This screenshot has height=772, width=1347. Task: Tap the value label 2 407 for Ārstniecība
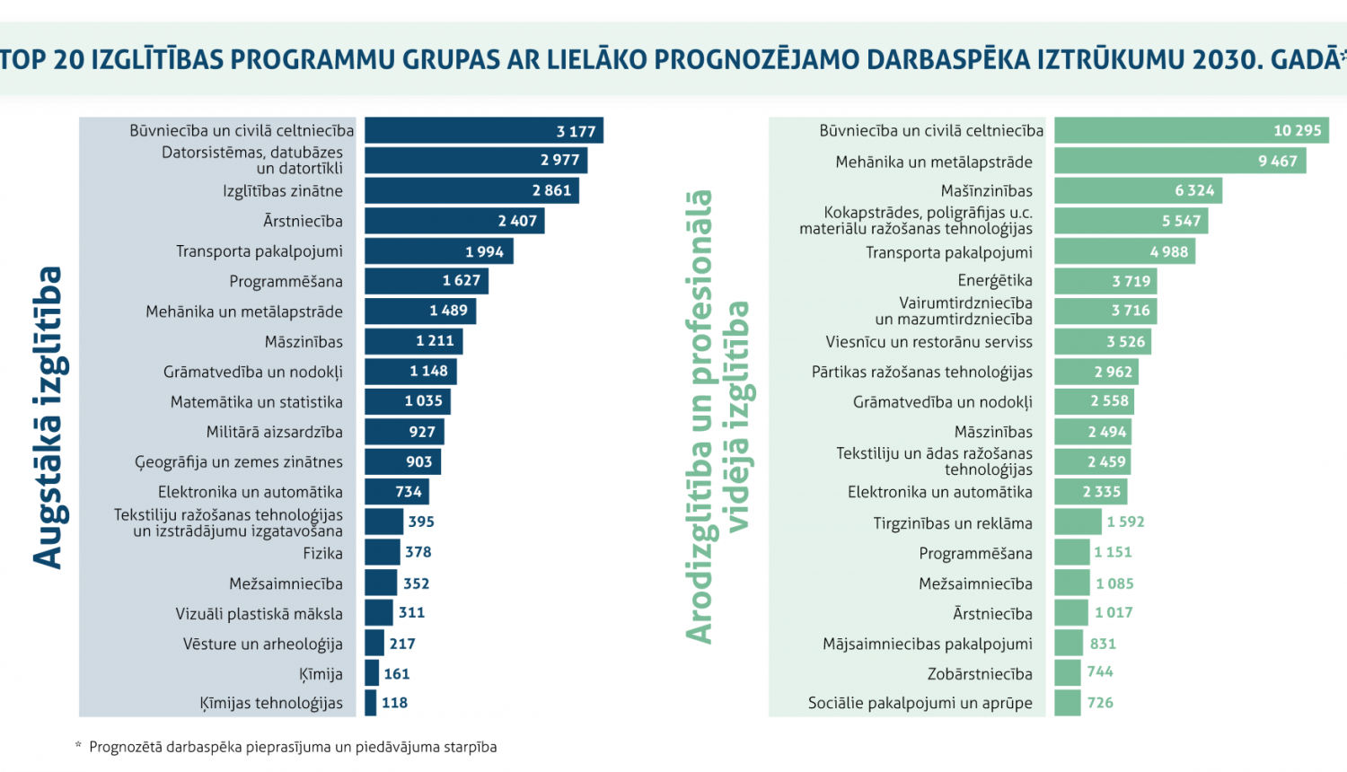coord(517,221)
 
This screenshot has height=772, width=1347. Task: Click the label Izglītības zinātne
coord(283,191)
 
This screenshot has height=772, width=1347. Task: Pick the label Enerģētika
coord(995,281)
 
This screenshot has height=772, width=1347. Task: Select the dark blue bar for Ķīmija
coord(372,673)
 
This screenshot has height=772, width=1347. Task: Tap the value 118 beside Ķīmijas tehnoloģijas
coord(394,703)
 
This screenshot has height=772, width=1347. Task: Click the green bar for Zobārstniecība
coord(1068,673)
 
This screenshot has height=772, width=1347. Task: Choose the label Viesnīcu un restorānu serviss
coord(929,342)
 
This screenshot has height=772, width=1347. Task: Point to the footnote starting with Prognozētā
coord(292,747)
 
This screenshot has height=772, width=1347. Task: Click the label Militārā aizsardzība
coord(274,432)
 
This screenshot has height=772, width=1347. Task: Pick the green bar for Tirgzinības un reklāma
coord(1078,522)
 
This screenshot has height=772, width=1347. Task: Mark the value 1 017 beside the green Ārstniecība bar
coord(1114,613)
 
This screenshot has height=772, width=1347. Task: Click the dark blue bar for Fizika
coord(382,552)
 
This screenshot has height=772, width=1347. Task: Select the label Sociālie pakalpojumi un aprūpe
coord(920,703)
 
